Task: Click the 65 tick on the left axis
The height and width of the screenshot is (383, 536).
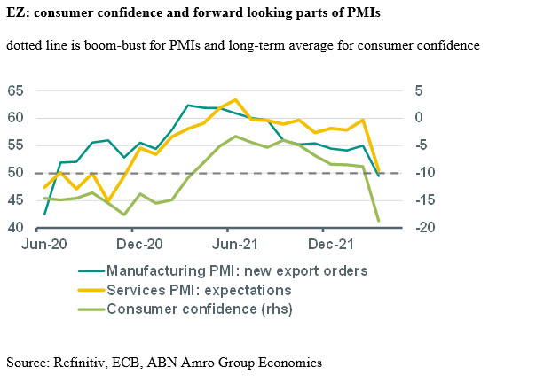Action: (x=18, y=90)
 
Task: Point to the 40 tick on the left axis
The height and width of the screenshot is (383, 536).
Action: (x=18, y=228)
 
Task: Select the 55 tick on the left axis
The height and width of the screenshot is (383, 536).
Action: (x=18, y=145)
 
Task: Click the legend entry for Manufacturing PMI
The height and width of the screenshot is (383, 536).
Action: (x=236, y=270)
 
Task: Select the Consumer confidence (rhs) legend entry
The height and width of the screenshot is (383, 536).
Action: (x=199, y=309)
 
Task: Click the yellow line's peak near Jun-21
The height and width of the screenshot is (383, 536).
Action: (x=234, y=100)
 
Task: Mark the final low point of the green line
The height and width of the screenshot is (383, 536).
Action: (x=379, y=221)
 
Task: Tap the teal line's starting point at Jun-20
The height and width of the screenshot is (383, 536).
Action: (x=44, y=214)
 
